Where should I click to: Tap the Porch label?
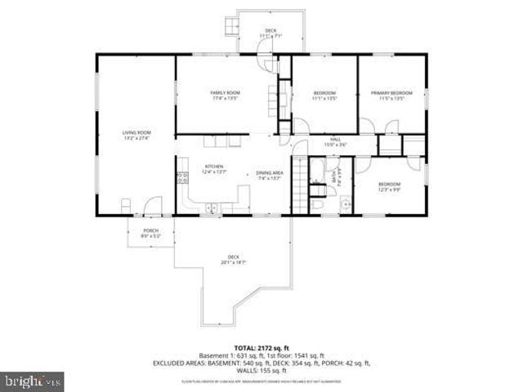point(150,233)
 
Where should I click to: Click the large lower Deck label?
point(233,261)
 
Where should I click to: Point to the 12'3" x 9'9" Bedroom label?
point(389,187)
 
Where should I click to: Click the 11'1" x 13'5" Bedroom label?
point(324,96)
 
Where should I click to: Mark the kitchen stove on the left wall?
point(180,174)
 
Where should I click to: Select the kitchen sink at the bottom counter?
point(212,208)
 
